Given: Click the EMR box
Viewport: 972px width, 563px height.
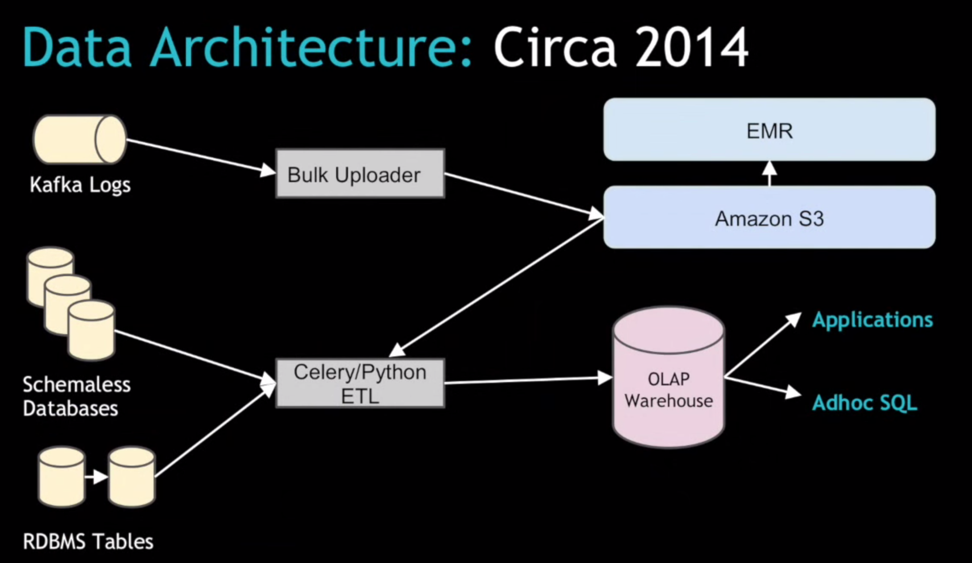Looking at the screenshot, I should pyautogui.click(x=769, y=130).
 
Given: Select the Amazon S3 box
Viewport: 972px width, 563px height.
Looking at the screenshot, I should pyautogui.click(x=769, y=217).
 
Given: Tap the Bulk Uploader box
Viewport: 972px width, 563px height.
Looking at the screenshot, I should pyautogui.click(x=359, y=174).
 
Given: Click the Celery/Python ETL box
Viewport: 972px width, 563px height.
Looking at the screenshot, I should pyautogui.click(x=359, y=383).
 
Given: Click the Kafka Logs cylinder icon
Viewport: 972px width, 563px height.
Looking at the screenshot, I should pyautogui.click(x=80, y=139).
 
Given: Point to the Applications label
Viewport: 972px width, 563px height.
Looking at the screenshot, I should pyautogui.click(x=872, y=320).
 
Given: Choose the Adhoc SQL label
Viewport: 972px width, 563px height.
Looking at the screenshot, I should pyautogui.click(x=865, y=403).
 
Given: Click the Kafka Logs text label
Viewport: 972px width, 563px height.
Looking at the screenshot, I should pyautogui.click(x=80, y=185).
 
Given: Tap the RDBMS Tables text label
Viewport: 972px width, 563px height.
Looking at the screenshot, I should pyautogui.click(x=88, y=541).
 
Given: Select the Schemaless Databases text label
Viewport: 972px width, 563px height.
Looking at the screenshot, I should pyautogui.click(x=76, y=396).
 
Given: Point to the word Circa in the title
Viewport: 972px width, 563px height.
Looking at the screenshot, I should pyautogui.click(x=555, y=48).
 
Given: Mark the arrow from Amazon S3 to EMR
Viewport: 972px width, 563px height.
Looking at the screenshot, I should pyautogui.click(x=769, y=173).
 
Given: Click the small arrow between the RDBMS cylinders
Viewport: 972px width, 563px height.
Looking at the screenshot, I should pyautogui.click(x=97, y=476).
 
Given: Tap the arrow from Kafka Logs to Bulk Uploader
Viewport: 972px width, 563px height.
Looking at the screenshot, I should pyautogui.click(x=199, y=155).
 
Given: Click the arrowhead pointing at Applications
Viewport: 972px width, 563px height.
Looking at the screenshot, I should pyautogui.click(x=793, y=319).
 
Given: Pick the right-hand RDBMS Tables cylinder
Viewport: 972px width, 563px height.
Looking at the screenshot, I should pyautogui.click(x=132, y=477).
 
